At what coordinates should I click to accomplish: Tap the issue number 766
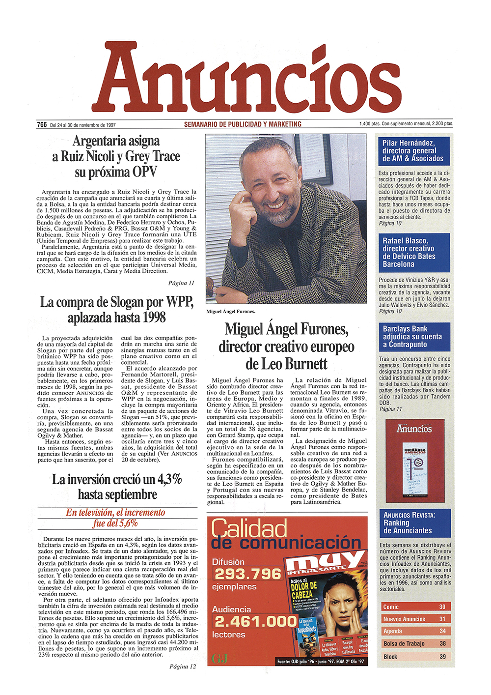pyautogui.click(x=42, y=125)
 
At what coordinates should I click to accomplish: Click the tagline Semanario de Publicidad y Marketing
pyautogui.click(x=243, y=124)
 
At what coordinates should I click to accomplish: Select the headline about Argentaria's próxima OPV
pyautogui.click(x=116, y=156)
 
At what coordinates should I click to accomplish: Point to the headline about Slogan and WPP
pyautogui.click(x=117, y=310)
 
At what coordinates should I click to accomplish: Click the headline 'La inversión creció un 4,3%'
pyautogui.click(x=117, y=487)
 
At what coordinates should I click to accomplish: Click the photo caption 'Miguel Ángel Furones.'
pyautogui.click(x=231, y=312)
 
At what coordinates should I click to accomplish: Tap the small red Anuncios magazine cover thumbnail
pyautogui.click(x=414, y=461)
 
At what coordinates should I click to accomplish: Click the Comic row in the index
pyautogui.click(x=414, y=607)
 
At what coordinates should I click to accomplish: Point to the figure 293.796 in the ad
pyautogui.click(x=247, y=574)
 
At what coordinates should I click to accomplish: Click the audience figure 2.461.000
pyautogui.click(x=255, y=621)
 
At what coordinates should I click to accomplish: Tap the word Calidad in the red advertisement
pyautogui.click(x=249, y=528)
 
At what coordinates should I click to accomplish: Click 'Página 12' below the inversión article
pyautogui.click(x=182, y=666)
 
